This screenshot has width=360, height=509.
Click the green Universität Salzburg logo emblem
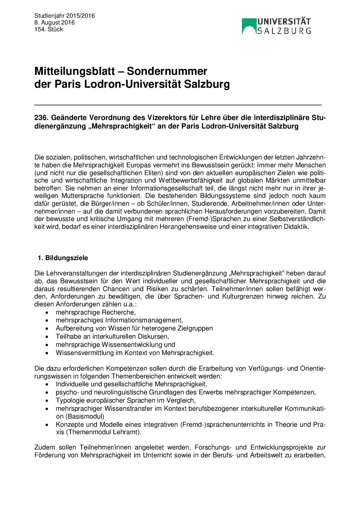click(x=249, y=26)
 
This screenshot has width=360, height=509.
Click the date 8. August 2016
click(x=54, y=22)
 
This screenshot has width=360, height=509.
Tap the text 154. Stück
click(x=49, y=29)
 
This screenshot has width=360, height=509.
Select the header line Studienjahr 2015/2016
click(x=65, y=16)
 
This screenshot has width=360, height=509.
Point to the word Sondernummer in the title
click(x=167, y=71)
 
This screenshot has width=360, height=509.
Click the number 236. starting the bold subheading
click(x=41, y=118)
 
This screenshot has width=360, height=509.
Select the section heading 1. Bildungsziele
click(x=63, y=258)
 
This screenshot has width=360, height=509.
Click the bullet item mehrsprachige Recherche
click(x=96, y=312)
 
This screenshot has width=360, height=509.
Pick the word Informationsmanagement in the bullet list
click(x=144, y=320)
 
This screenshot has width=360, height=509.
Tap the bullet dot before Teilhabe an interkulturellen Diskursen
click(x=47, y=337)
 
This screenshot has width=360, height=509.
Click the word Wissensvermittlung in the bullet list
click(x=85, y=353)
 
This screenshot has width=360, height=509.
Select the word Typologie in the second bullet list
click(x=70, y=400)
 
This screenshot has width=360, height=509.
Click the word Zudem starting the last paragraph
click(x=44, y=447)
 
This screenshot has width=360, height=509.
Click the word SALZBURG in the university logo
click(x=284, y=31)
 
